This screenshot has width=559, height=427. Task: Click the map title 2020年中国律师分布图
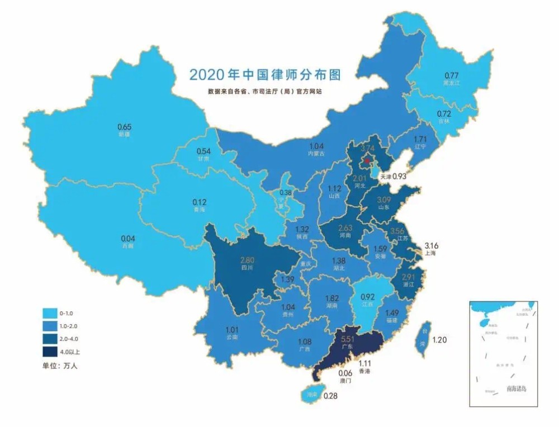[264, 74]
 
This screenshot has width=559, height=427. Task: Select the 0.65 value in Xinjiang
[125, 126]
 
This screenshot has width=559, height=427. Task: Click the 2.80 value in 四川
[248, 260]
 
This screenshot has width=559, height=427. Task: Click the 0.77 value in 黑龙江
[451, 75]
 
